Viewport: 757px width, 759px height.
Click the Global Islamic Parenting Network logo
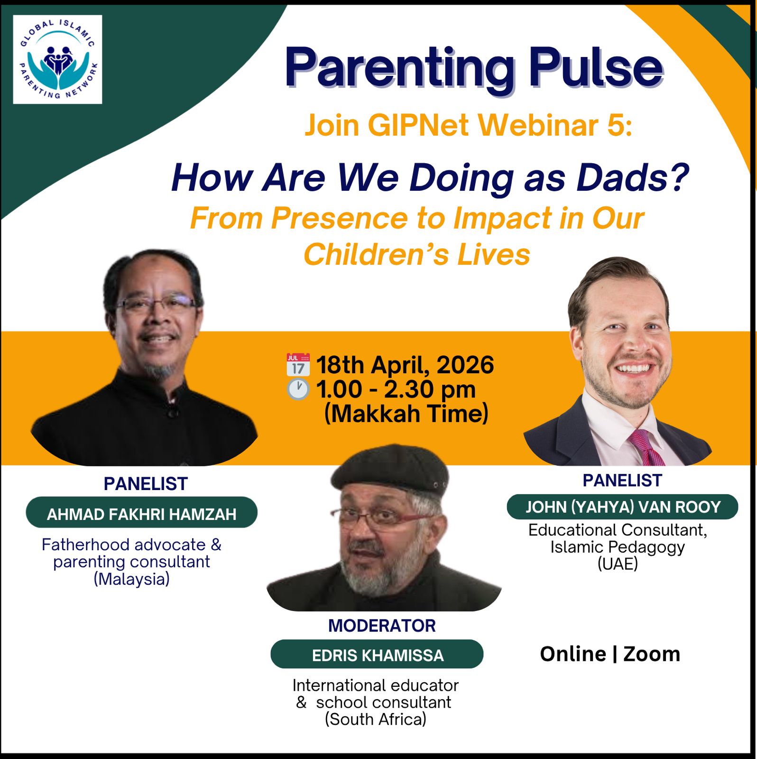point(57,59)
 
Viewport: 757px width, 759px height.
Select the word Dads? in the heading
point(633,178)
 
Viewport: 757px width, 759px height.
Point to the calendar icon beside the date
point(298,364)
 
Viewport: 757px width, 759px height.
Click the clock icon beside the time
point(298,389)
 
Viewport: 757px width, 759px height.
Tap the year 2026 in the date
point(465,365)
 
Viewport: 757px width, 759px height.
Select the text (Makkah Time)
point(406,413)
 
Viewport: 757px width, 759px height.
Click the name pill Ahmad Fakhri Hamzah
point(141,512)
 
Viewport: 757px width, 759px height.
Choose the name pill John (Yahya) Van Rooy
point(622,507)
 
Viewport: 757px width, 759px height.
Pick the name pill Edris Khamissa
point(377,654)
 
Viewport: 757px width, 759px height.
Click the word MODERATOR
point(382,626)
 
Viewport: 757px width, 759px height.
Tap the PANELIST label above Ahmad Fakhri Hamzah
point(146,484)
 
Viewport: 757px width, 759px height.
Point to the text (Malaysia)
point(131,579)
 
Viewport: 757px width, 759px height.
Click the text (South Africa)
point(375,719)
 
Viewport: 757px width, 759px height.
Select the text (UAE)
point(618,564)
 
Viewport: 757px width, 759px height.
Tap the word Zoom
point(652,654)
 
